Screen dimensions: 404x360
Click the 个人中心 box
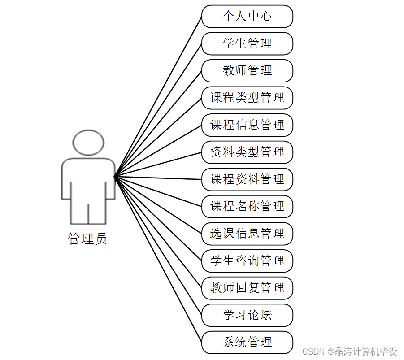tap(247, 17)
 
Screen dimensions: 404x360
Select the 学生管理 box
tap(247, 43)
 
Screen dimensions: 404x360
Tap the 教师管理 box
tap(247, 71)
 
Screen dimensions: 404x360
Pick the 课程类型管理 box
tap(247, 98)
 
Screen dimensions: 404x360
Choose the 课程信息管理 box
tap(247, 125)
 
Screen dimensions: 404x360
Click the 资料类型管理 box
tap(247, 152)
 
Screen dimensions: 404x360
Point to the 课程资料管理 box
tap(247, 179)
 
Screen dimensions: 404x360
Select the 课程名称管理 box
tap(247, 206)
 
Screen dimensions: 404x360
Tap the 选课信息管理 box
tap(247, 234)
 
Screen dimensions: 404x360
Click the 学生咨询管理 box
tap(247, 261)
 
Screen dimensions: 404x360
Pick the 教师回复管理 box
tap(247, 288)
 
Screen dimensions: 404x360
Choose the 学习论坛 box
tap(247, 315)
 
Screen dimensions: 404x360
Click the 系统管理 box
tap(247, 342)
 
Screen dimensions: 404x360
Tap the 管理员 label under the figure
tap(87, 239)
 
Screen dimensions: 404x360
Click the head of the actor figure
tap(88, 143)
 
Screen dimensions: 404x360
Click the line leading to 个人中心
tap(158, 97)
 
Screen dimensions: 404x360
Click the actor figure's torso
tap(88, 179)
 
